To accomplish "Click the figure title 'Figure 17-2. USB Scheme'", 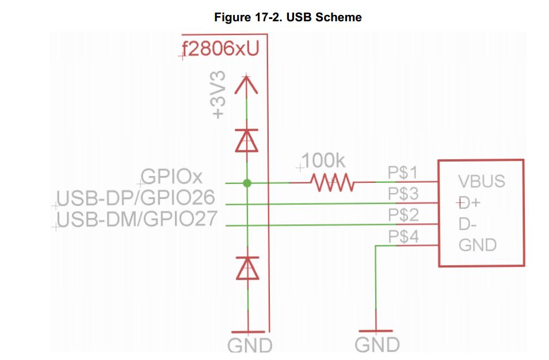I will point(288,17).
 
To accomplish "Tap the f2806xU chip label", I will point(220,51).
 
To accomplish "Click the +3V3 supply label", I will point(219,95).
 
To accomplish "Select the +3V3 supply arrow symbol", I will point(247,85).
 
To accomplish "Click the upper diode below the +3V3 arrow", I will point(247,140).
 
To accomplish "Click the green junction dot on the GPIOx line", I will point(247,183).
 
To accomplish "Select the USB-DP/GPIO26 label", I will point(136,198).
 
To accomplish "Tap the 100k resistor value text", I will point(323,161).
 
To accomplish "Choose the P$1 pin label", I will point(403,173).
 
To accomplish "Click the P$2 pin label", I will point(403,216).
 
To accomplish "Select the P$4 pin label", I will point(403,236).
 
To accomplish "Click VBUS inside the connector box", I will point(481,182).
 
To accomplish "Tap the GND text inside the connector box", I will point(477,246).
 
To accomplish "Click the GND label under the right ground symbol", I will point(377,345).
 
